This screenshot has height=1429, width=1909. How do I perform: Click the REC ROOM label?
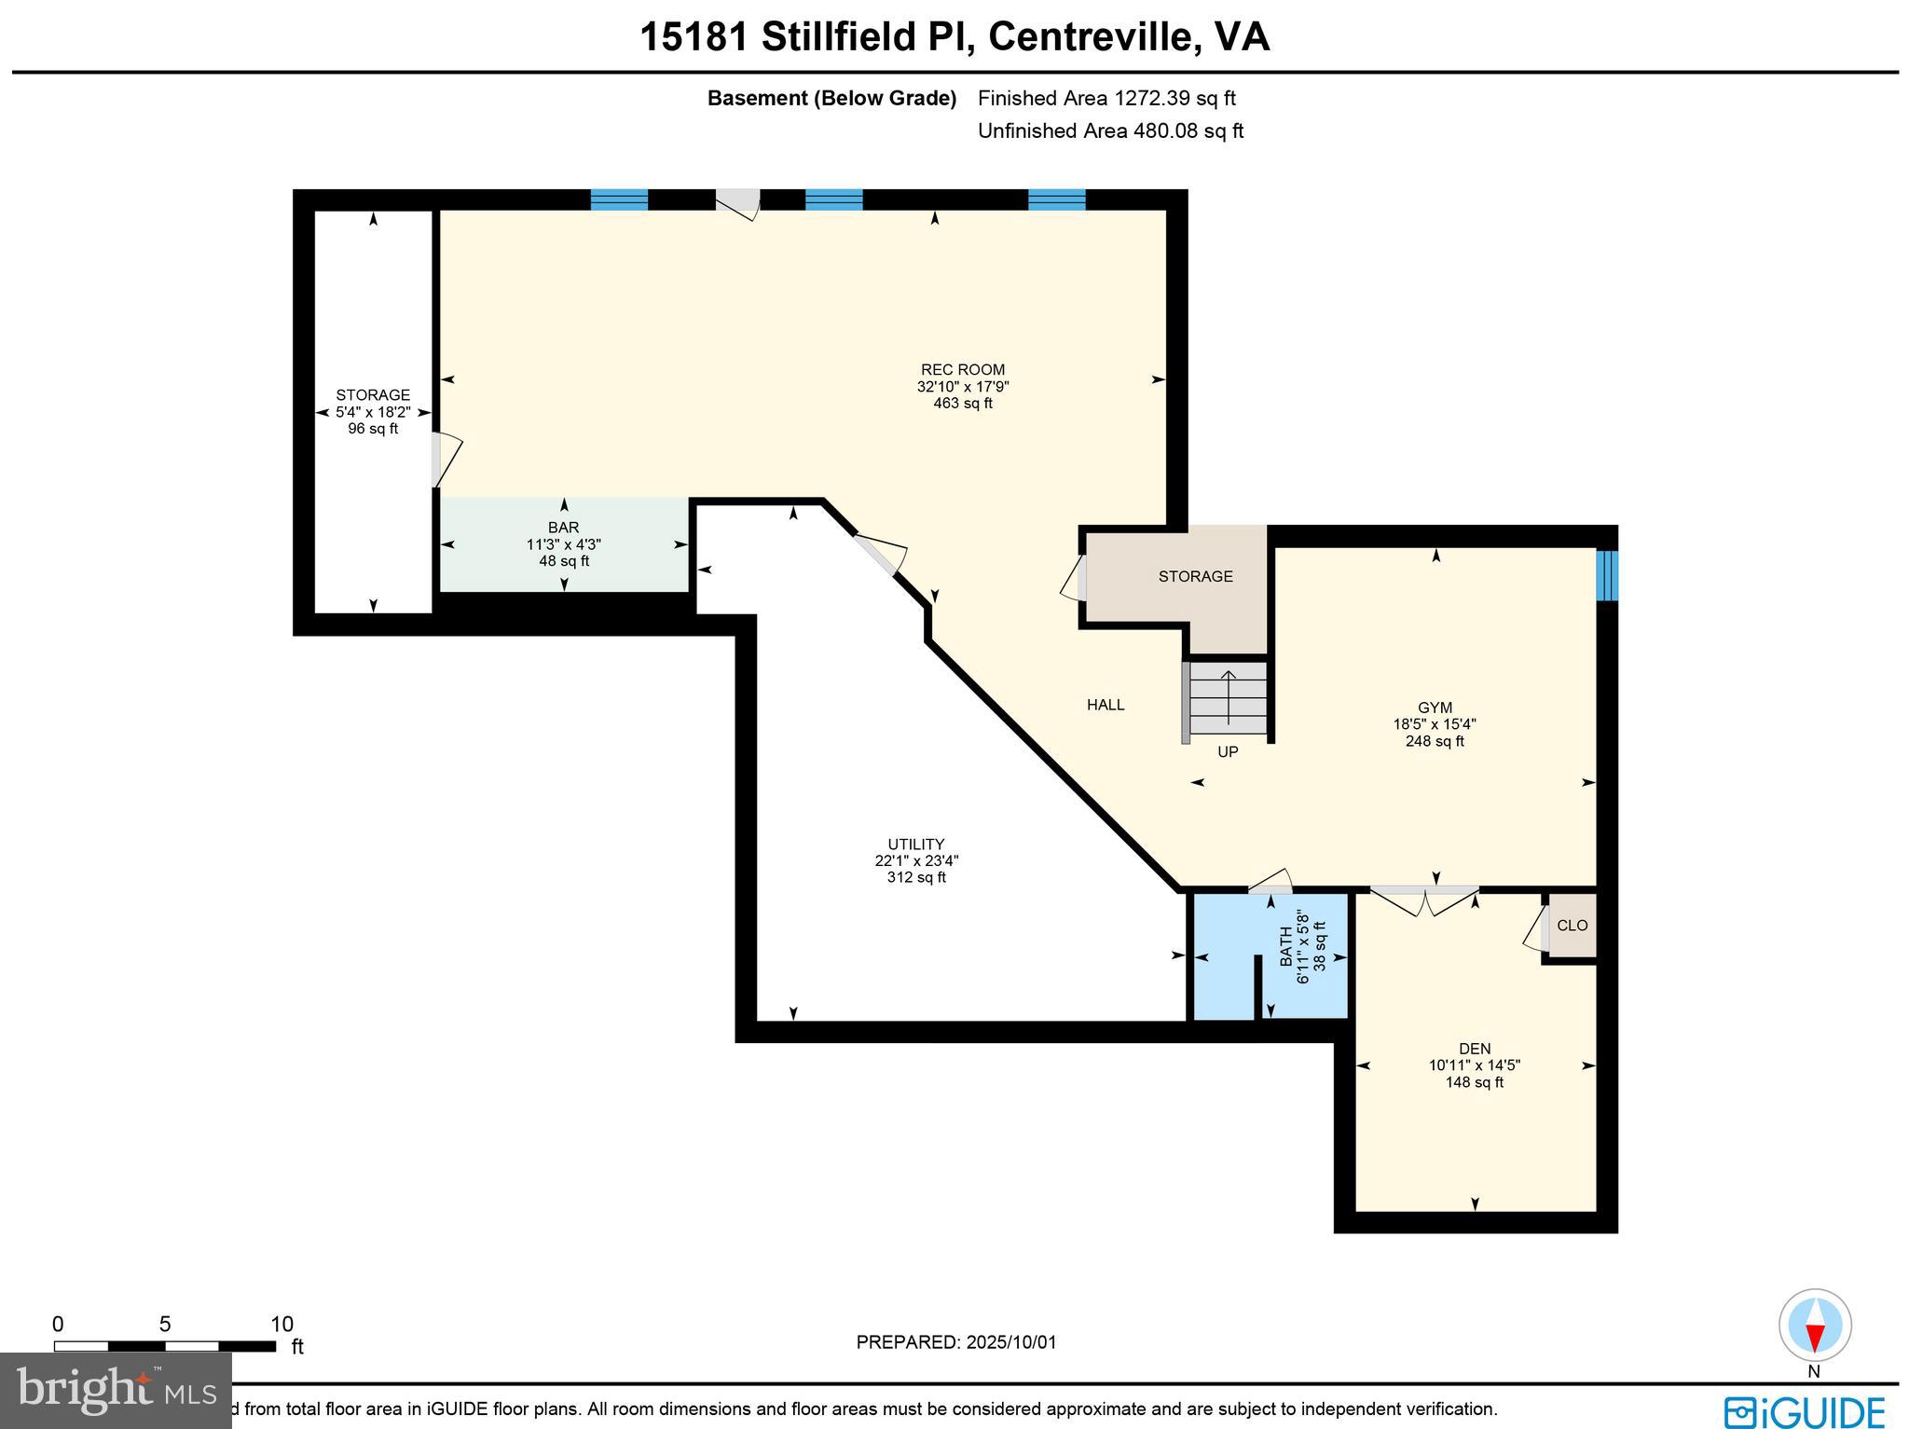pos(963,370)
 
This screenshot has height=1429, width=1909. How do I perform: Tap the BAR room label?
pos(564,528)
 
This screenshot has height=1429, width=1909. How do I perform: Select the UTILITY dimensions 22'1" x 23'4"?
pos(916,861)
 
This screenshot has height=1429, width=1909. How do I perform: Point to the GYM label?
pos(1435,708)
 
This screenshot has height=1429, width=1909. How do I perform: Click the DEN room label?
pos(1475,1049)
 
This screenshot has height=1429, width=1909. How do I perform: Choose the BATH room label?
pos(1286,946)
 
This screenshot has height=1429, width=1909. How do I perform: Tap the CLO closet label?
pos(1572,926)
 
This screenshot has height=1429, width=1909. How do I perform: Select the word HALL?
pos(1106,706)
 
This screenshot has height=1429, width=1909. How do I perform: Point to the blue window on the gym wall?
pos(1606,575)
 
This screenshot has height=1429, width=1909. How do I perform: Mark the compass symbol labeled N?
pos(1814,1326)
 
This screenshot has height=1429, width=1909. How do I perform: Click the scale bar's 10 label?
pos(282,1325)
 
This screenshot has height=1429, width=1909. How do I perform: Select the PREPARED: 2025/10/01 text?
pos(956,1342)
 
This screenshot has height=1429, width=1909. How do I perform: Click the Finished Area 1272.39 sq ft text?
pos(1106,98)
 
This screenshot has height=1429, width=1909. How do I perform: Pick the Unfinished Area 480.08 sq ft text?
pos(1110,131)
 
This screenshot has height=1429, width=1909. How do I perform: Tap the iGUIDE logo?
pos(1805,1411)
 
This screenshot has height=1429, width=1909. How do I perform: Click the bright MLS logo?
pos(116,1391)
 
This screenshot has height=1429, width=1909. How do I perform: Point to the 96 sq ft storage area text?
pos(373,429)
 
